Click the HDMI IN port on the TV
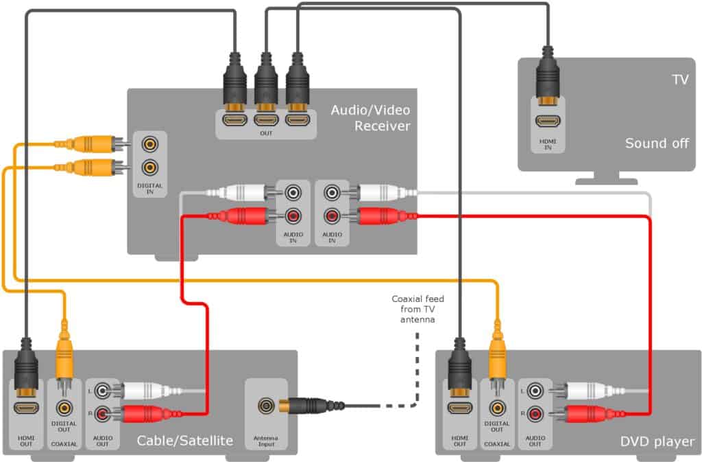(547, 122)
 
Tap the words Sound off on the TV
(656, 143)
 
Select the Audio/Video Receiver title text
(370, 117)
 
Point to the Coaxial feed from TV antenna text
(414, 309)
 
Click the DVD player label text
(656, 441)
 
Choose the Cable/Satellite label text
(185, 441)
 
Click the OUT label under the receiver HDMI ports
(266, 133)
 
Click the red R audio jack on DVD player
(534, 414)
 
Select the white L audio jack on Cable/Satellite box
(103, 391)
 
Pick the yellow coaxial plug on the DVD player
(497, 357)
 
